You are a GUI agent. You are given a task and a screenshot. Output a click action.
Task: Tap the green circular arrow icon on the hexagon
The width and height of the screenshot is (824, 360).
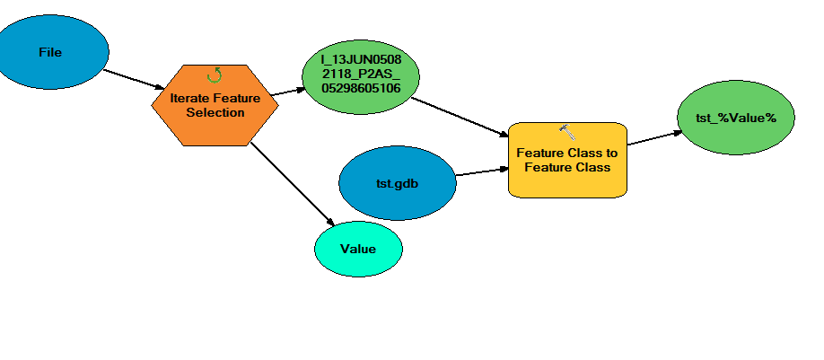(215, 75)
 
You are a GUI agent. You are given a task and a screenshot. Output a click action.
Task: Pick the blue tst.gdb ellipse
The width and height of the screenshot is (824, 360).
(397, 183)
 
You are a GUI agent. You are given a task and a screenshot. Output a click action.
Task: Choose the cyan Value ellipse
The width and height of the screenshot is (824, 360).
(358, 250)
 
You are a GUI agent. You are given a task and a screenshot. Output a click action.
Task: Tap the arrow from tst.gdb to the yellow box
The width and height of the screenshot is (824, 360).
(481, 171)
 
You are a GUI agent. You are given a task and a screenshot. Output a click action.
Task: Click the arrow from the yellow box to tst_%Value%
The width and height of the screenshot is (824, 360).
(653, 137)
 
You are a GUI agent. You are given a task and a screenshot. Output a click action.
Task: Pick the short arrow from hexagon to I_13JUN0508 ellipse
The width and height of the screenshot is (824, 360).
(289, 92)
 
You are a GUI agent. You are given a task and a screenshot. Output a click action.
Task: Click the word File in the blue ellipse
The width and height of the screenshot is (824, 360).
(50, 52)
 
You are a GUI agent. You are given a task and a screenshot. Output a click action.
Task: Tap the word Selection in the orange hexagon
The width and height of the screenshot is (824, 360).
(215, 112)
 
